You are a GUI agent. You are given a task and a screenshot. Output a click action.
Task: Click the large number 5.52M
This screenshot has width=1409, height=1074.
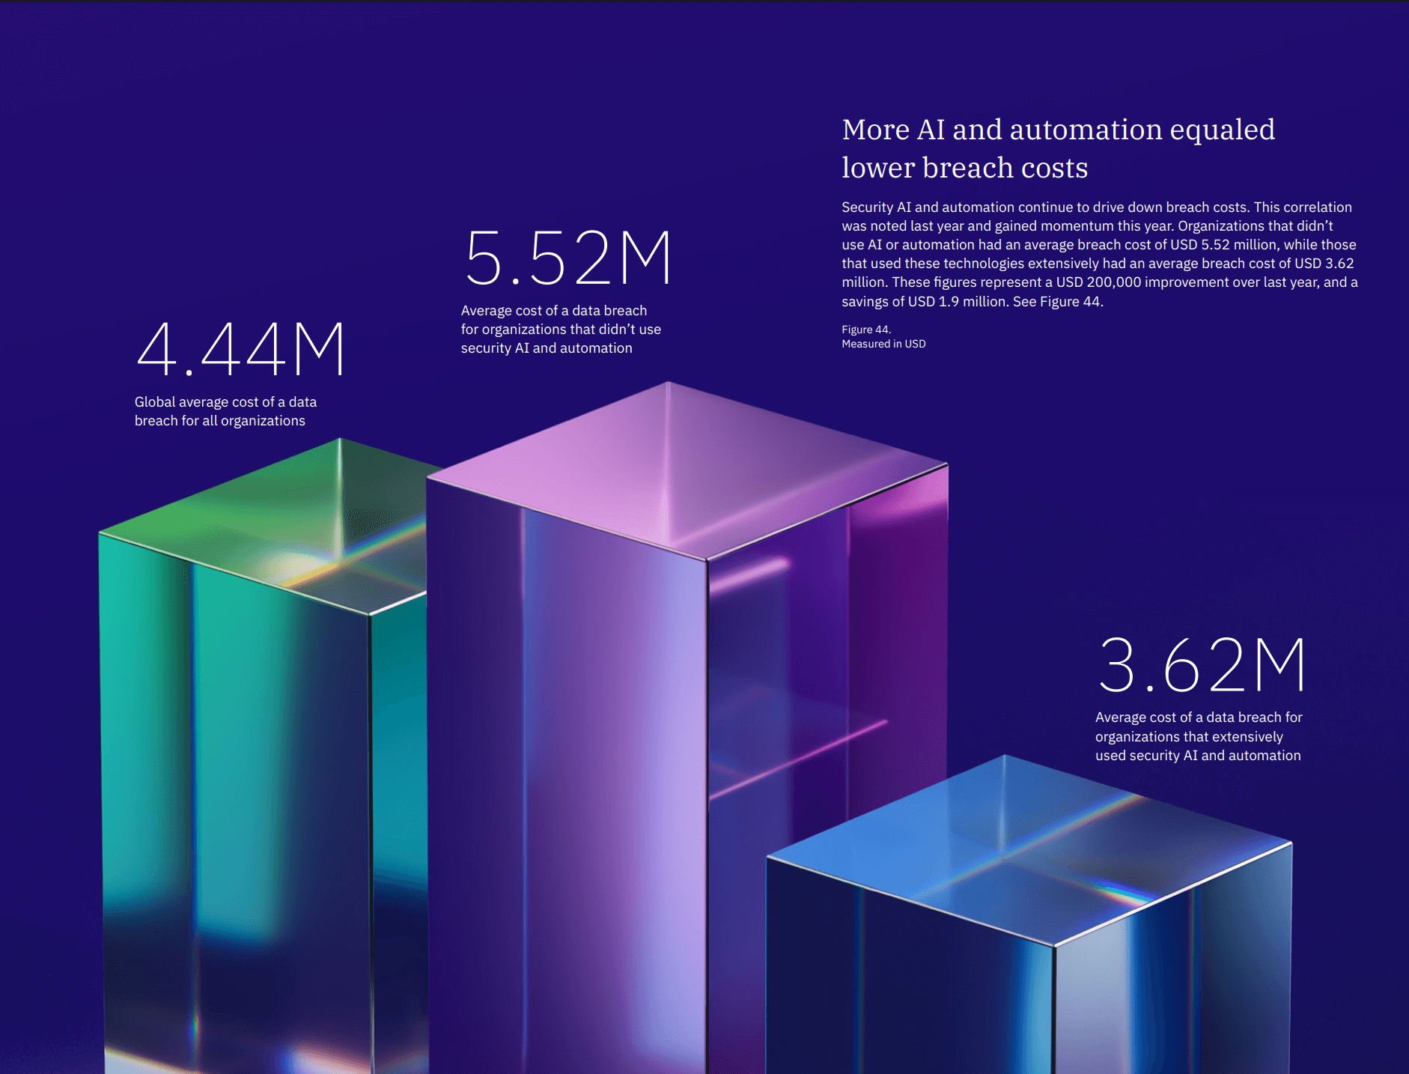(x=568, y=258)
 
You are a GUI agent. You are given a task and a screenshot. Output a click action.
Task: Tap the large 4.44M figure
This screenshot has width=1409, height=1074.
(x=240, y=349)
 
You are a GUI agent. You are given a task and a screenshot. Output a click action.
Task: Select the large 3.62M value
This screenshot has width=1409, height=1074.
(x=1202, y=665)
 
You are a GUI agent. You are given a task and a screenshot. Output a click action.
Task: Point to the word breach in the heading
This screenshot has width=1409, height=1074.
(x=969, y=168)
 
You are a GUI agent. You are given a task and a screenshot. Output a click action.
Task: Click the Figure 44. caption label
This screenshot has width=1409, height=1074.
(x=865, y=330)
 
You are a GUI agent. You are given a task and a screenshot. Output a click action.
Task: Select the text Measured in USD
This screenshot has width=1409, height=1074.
(x=883, y=344)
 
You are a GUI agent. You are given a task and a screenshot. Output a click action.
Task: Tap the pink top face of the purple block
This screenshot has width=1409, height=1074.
(x=674, y=464)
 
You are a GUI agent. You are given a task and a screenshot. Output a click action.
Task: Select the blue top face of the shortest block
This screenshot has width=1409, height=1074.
(x=1026, y=846)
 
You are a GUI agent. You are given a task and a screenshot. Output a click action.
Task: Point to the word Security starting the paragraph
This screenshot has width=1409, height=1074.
(x=867, y=207)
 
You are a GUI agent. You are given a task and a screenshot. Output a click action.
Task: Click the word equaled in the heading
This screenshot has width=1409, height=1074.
(x=1222, y=130)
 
